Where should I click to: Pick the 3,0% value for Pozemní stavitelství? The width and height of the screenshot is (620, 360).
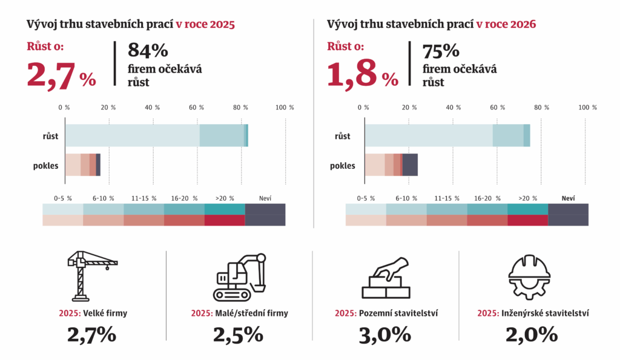click(385, 335)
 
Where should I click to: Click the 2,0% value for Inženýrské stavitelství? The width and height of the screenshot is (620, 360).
click(532, 335)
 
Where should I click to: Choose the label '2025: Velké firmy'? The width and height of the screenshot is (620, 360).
click(90, 313)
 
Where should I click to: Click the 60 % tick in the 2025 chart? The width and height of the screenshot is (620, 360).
click(196, 107)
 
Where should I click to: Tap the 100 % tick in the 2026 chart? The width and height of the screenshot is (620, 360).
click(587, 107)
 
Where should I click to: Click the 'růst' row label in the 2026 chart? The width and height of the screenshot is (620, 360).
click(343, 136)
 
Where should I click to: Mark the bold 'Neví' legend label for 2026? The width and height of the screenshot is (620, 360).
click(568, 198)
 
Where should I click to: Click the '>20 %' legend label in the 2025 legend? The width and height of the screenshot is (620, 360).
click(225, 198)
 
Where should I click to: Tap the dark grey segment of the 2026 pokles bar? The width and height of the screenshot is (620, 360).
click(410, 165)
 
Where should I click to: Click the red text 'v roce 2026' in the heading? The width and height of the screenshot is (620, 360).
click(506, 25)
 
